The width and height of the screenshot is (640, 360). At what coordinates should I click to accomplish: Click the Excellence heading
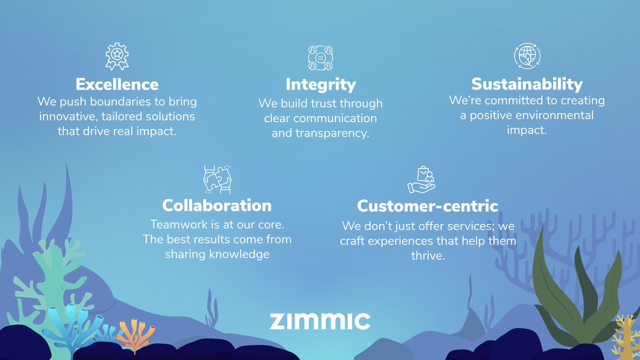click(117, 84)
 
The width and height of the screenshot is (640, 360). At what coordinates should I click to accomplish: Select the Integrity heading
click(321, 84)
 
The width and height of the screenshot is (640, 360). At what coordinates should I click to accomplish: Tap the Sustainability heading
click(527, 84)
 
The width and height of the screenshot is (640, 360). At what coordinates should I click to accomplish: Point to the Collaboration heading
click(217, 205)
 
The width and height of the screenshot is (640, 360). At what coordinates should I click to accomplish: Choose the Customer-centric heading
click(427, 206)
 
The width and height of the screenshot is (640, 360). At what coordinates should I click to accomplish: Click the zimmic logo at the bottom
click(319, 321)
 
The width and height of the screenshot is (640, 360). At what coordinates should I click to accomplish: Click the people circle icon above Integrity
click(321, 58)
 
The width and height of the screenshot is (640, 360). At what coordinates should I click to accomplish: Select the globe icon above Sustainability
click(527, 56)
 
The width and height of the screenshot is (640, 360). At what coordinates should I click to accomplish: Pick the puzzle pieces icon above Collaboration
click(217, 179)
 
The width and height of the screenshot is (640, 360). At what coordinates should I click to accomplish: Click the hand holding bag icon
click(421, 179)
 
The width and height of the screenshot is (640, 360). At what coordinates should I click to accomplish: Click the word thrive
click(427, 256)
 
